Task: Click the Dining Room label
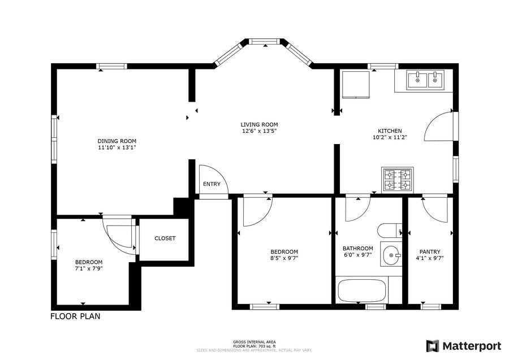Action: pos(117,141)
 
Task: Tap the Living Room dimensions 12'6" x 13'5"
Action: pos(259,131)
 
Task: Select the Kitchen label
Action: pos(390,131)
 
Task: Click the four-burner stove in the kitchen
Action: pos(398,179)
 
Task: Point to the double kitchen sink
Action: pos(425,80)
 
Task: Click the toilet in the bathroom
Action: pos(390,231)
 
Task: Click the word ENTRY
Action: pos(212,184)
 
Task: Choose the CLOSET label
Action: pos(165,238)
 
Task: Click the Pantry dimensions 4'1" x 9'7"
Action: pos(430,258)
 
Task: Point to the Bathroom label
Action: pos(358,249)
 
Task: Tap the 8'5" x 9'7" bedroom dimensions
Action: pos(284,258)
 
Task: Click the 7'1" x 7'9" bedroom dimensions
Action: pos(89,268)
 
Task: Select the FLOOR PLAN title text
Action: pos(75,316)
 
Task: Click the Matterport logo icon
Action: pos(433,346)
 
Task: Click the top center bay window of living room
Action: pos(265,41)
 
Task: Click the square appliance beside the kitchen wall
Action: pos(356,84)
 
